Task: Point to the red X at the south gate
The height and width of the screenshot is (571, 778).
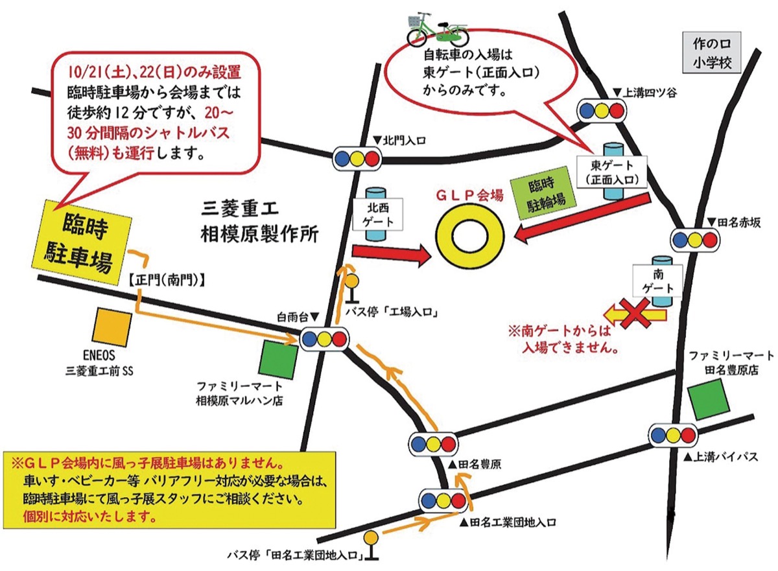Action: [638, 315]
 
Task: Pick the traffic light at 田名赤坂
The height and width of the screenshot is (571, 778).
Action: [694, 240]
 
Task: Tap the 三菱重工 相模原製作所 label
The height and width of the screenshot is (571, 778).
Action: [259, 221]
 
